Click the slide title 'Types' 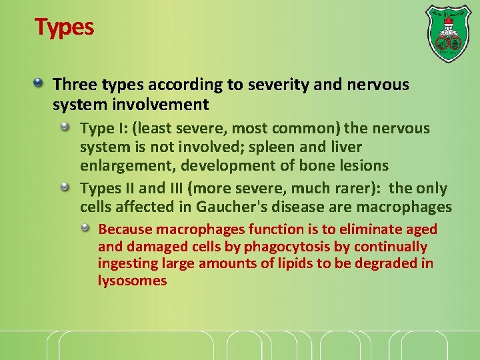[x=64, y=27]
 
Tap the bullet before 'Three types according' [x=39, y=83]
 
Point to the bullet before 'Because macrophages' [x=86, y=228]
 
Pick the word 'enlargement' [x=119, y=165]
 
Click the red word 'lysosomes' [x=132, y=280]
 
